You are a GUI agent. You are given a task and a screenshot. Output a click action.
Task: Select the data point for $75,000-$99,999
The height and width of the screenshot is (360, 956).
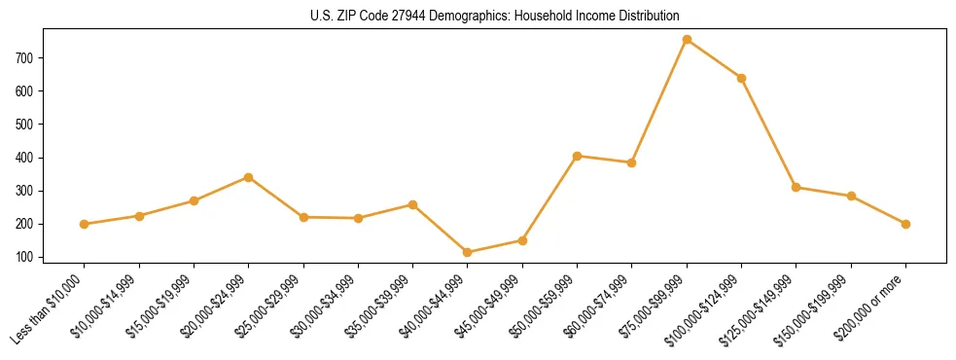click(x=687, y=40)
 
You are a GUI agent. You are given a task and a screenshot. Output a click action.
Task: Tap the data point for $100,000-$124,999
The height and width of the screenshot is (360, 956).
click(x=742, y=78)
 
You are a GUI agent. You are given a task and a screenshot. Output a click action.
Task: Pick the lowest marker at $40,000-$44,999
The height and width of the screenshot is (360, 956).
click(x=468, y=252)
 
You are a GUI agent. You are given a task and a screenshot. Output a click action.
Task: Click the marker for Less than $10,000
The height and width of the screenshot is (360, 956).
click(x=85, y=224)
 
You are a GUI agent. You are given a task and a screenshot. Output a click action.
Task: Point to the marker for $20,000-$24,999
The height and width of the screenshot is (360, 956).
click(x=249, y=177)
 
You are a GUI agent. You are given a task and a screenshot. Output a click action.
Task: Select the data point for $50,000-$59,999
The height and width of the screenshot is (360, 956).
click(x=578, y=156)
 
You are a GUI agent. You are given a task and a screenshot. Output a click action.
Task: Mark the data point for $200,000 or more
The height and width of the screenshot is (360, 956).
click(x=905, y=224)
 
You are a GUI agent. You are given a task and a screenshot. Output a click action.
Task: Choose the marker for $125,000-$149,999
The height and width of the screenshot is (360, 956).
click(x=797, y=187)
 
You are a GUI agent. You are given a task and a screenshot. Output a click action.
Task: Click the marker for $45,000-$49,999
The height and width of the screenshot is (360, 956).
click(x=522, y=240)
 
